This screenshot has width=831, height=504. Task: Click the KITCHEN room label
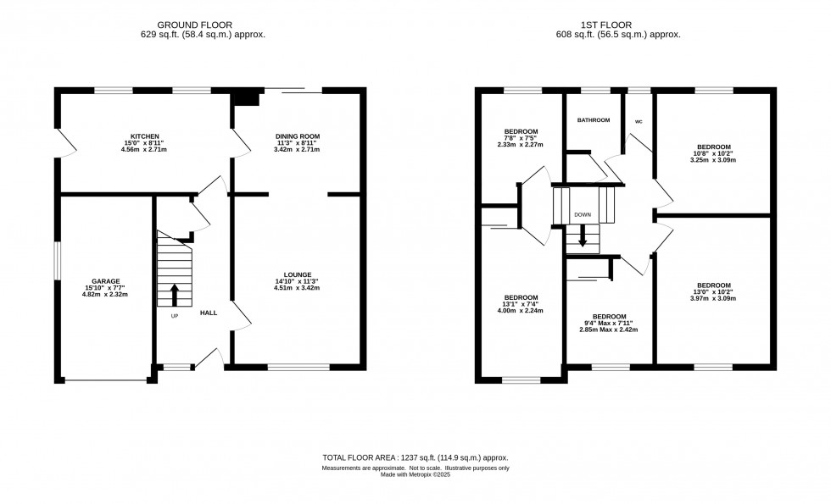point(141,136)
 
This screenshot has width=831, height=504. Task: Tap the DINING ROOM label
point(297,136)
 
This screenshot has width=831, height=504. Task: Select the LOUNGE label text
point(298,274)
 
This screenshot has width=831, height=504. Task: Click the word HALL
point(209,313)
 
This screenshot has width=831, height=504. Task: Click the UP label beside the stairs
point(175,316)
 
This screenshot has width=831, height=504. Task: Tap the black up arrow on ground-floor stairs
point(175,294)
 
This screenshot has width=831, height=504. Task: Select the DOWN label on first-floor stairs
point(583,215)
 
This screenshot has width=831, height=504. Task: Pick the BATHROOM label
point(594,120)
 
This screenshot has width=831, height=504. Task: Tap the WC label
point(639,121)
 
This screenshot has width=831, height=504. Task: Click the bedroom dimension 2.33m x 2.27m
point(521,145)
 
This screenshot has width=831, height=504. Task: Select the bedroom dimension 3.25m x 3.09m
point(713,159)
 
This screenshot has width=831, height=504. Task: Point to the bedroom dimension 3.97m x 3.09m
point(713,298)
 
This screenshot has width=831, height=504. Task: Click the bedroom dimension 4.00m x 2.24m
point(521,310)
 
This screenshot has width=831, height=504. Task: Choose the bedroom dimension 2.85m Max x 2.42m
point(610,330)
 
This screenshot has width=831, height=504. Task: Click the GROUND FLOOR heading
point(194,25)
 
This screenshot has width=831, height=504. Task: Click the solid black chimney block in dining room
point(247,99)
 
